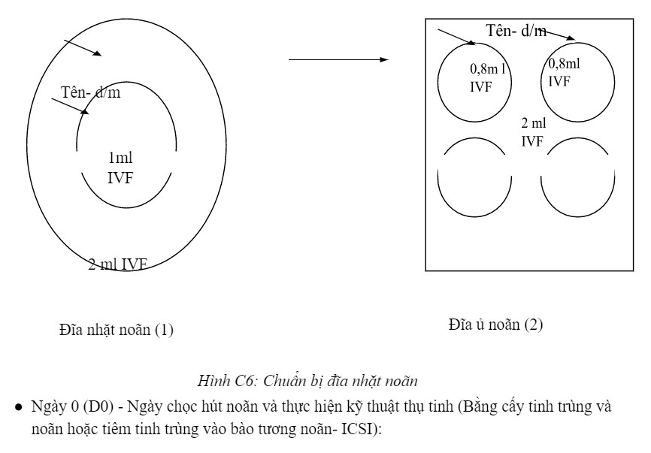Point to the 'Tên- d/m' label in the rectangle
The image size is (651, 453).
516,31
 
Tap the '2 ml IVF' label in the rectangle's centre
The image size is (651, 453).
533,131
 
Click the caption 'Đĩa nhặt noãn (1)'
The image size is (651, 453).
117,329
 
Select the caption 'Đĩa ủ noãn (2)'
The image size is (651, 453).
495,325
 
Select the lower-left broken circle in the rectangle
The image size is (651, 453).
475,177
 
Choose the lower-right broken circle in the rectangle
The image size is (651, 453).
577,177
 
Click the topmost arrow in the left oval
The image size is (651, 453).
82,46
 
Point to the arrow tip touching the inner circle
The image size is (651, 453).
86,113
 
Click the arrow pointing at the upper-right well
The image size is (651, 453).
555,35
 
